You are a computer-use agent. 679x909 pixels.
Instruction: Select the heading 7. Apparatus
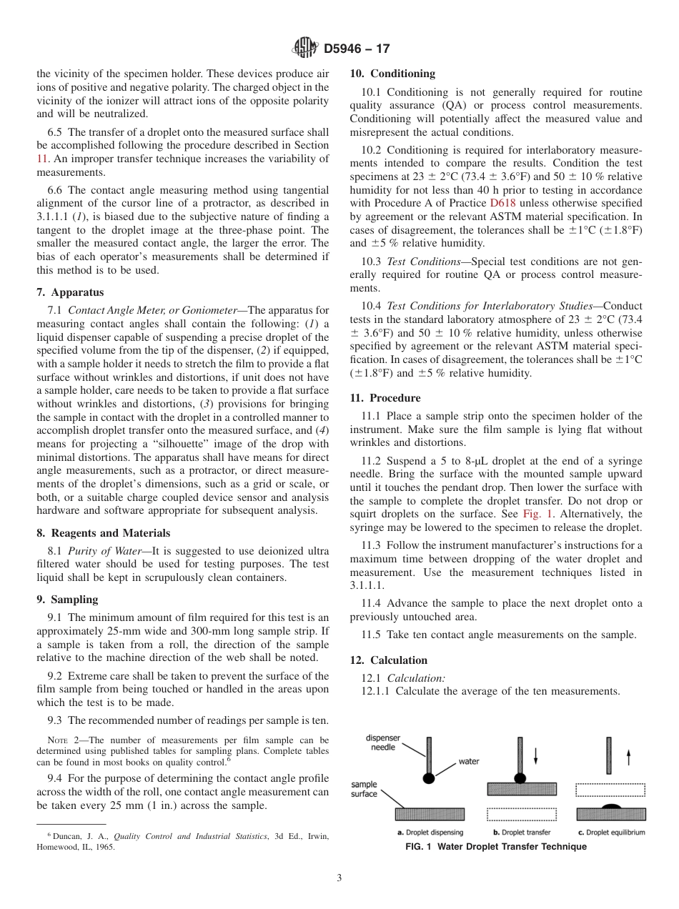[x=70, y=292]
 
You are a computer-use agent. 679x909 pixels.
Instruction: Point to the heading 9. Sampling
[x=67, y=600]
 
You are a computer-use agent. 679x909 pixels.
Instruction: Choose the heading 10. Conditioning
[x=392, y=74]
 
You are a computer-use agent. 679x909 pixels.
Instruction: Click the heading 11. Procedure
[x=385, y=398]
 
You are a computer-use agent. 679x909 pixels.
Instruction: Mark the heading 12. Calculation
[x=389, y=660]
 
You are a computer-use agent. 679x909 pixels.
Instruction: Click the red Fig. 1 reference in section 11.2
[x=536, y=514]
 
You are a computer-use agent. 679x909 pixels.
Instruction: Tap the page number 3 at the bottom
[x=339, y=878]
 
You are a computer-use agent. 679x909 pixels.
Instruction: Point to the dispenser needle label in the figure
[x=383, y=742]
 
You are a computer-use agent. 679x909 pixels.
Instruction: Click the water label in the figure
[x=468, y=762]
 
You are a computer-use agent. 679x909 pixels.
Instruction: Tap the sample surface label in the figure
[x=364, y=789]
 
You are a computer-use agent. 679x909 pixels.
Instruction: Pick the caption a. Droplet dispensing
[x=430, y=833]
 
